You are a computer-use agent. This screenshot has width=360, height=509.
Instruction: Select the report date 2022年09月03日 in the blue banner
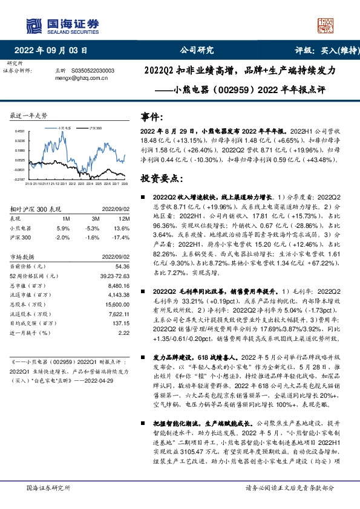54,50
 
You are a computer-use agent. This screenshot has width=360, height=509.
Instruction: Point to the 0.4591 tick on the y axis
20,131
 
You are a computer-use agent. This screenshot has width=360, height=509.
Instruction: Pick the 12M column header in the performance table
124,218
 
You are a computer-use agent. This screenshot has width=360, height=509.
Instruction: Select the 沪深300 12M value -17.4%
123,238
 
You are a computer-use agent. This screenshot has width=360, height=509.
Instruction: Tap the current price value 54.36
121,266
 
